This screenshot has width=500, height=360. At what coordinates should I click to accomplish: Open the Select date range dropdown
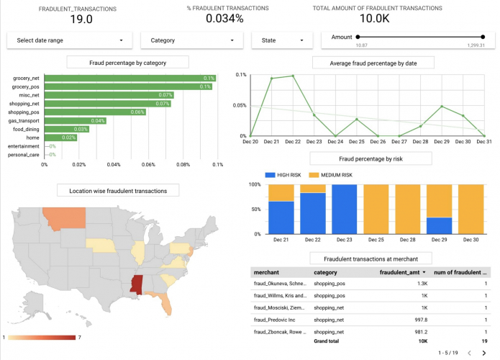[70, 41]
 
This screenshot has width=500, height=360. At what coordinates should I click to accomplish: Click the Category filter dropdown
[191, 41]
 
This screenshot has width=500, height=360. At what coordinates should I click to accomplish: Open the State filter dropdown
[281, 41]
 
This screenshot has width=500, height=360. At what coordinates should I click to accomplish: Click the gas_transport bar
[76, 120]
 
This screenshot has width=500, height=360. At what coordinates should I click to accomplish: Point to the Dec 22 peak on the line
[293, 76]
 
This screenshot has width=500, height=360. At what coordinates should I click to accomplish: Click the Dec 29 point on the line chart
[442, 107]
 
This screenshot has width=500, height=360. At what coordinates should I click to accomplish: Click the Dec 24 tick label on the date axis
[335, 142]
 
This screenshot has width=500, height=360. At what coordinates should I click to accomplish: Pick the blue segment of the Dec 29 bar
[440, 225]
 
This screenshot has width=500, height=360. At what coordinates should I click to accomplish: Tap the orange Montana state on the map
[65, 217]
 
